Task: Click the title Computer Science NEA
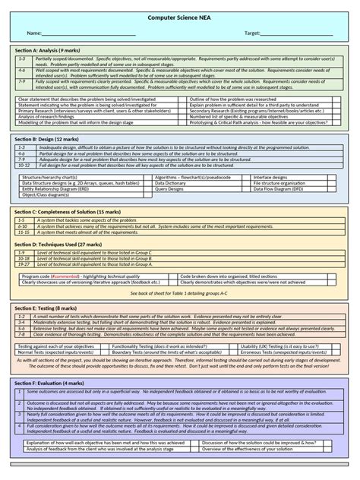coord(180,17)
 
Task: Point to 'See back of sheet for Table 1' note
coord(179,292)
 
